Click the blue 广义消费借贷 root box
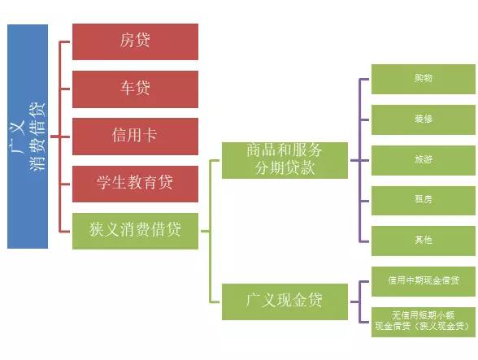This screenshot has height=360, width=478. point(28,137)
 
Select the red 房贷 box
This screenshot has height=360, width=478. point(135,41)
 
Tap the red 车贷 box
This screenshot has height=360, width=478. point(135,89)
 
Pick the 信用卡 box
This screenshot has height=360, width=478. point(135,137)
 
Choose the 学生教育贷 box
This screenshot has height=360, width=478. point(135,184)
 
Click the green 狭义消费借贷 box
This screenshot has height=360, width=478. point(135,231)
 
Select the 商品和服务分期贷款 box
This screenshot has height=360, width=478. point(285,160)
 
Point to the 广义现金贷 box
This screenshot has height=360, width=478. point(285,301)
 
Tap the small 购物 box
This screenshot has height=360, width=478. point(423,80)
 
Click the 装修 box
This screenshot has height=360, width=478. point(423,119)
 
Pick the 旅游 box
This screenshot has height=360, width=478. point(423,160)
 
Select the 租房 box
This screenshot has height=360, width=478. point(423,201)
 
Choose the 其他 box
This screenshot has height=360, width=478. point(423,241)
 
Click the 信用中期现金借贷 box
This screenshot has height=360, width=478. point(423,281)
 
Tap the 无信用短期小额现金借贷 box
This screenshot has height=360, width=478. point(423,322)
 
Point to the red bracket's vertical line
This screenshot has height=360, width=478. point(60,137)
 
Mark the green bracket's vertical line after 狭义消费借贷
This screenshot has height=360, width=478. point(210,231)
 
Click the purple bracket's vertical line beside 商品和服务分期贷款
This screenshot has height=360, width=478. point(360,160)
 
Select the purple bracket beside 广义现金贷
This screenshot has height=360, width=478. point(360,301)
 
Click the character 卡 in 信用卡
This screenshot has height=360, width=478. point(150,135)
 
